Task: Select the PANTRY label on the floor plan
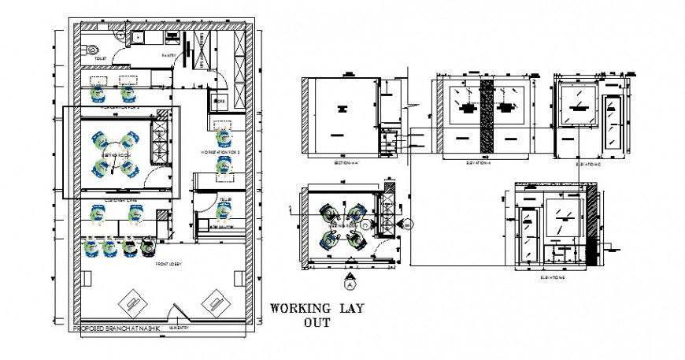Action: (x=168, y=56)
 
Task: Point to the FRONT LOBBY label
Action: (x=169, y=263)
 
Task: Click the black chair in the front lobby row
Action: (x=148, y=247)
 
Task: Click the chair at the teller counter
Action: (x=221, y=210)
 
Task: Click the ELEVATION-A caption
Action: (x=481, y=162)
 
